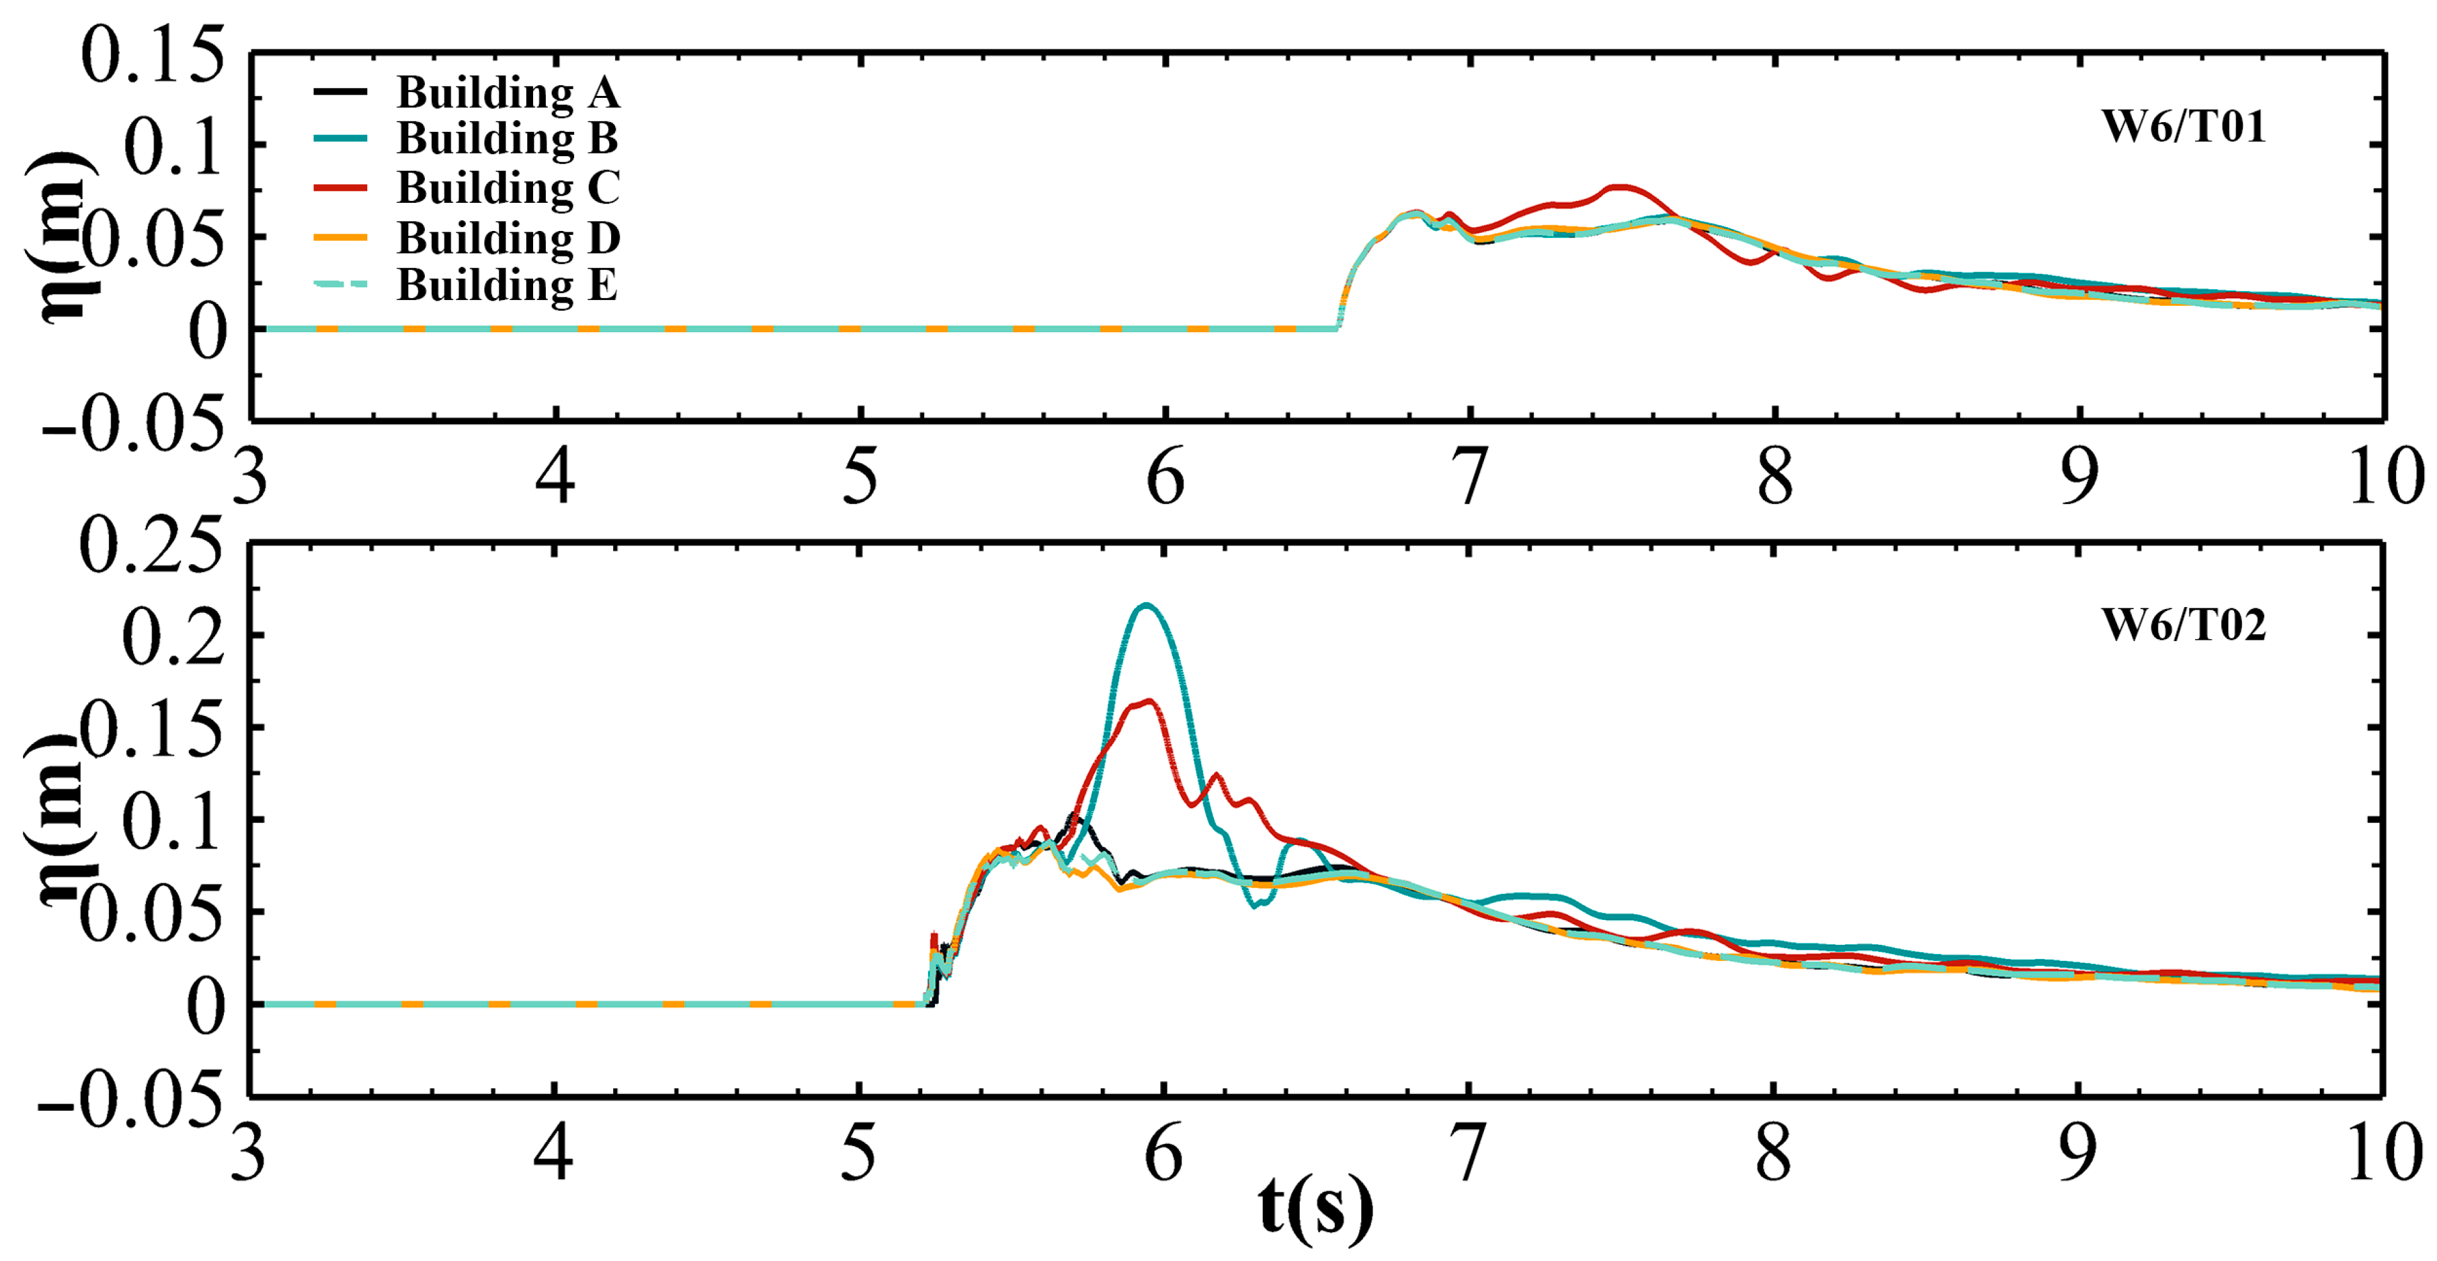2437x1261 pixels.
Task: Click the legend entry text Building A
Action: click(508, 93)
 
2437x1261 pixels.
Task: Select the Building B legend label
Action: click(508, 139)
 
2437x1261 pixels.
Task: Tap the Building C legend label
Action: click(508, 188)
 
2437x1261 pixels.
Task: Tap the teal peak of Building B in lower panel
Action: click(1147, 605)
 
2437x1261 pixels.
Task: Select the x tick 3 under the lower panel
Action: click(249, 1155)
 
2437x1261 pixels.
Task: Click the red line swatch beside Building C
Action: click(340, 188)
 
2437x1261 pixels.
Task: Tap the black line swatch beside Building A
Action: click(340, 91)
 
